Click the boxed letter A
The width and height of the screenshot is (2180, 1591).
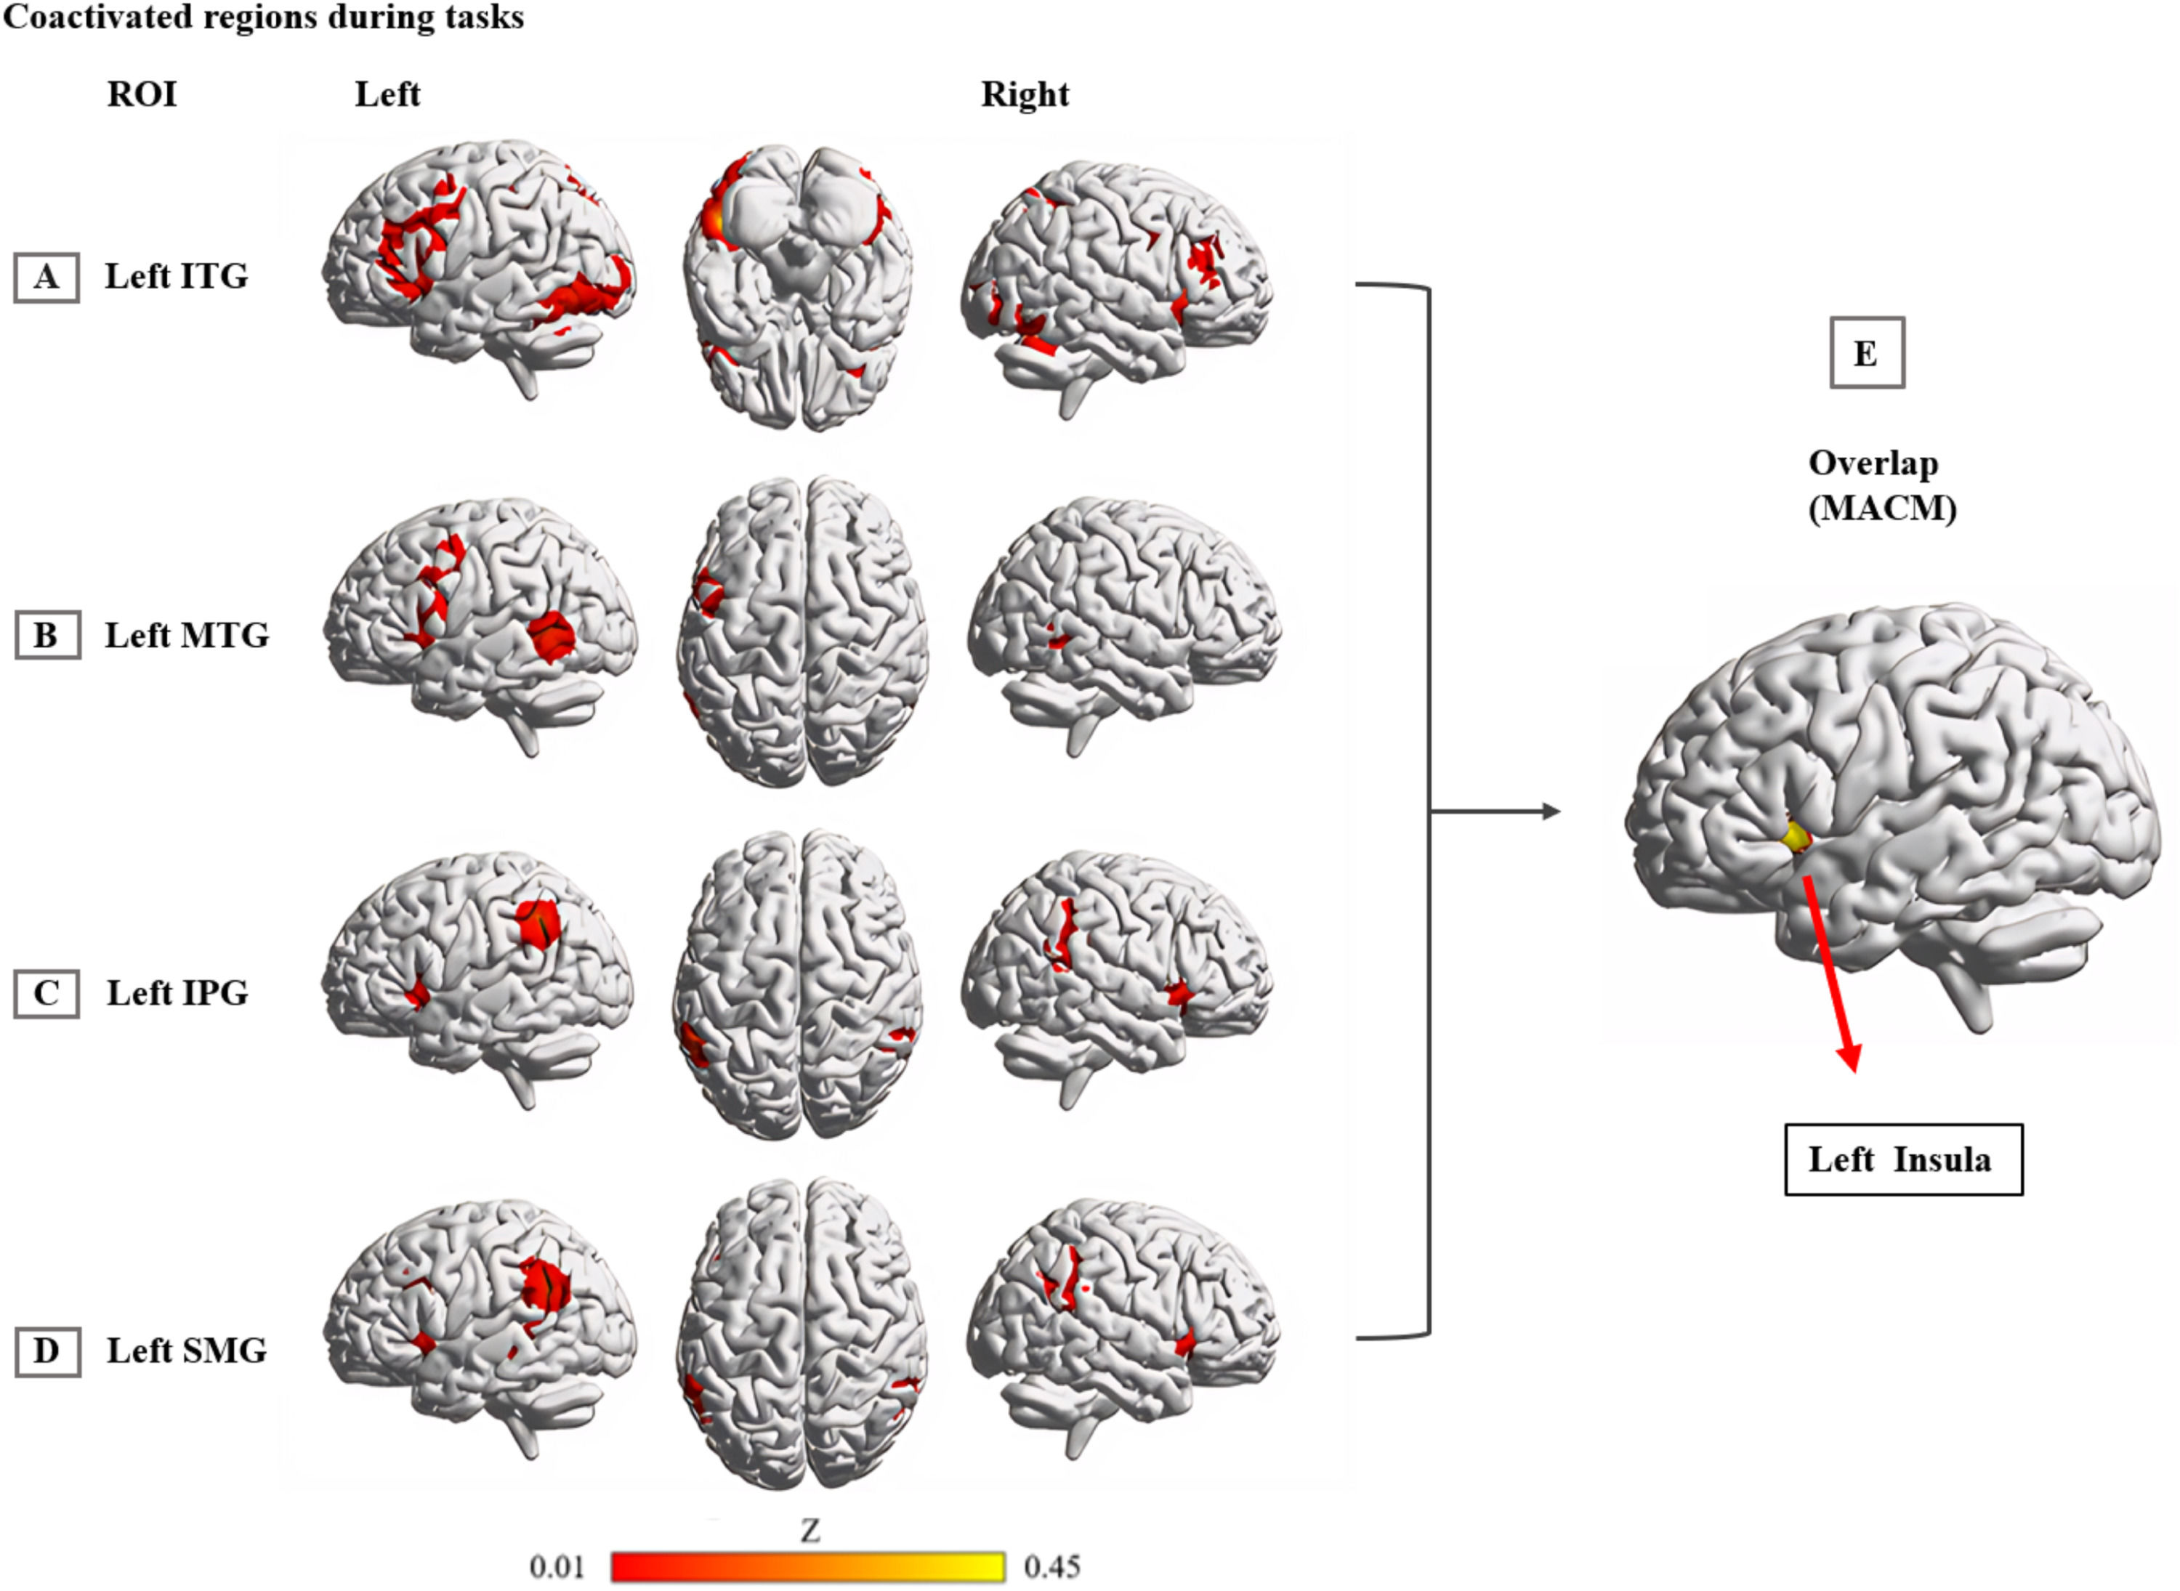coord(47,278)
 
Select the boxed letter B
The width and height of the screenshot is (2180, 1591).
coord(47,636)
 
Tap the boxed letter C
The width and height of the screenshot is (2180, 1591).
coord(47,993)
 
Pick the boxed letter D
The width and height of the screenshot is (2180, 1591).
coord(47,1351)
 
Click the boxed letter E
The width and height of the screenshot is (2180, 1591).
coord(1866,354)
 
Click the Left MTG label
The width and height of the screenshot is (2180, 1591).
coord(187,636)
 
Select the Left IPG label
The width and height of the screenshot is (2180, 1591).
coord(177,993)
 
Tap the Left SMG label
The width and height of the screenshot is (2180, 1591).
coord(187,1351)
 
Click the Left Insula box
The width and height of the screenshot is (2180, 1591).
coord(1902,1159)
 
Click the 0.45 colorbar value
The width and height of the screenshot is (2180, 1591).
coord(1052,1567)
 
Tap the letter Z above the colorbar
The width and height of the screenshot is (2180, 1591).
coord(810,1530)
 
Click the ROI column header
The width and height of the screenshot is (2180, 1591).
coord(142,94)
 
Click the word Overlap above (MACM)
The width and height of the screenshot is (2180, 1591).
coord(1873,463)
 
